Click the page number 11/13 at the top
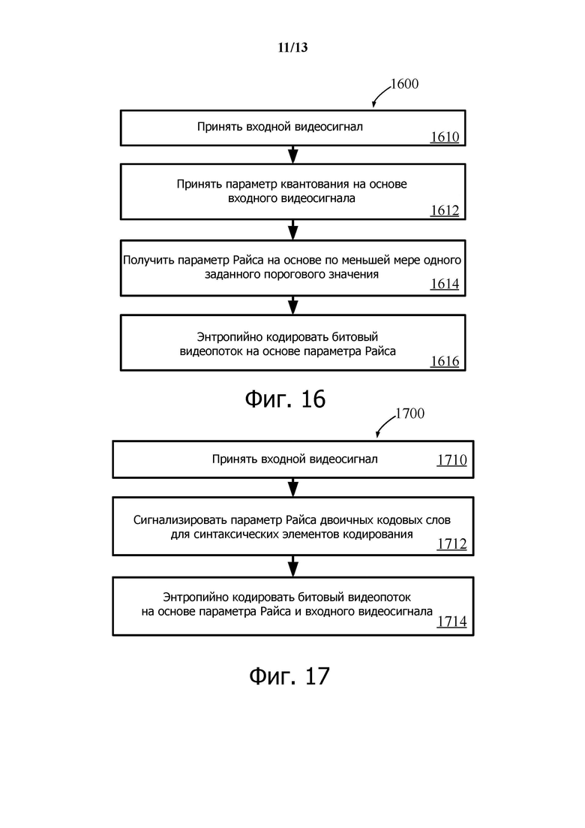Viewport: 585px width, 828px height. (x=292, y=48)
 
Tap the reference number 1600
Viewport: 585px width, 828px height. (x=403, y=84)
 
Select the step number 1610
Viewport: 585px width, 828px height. (x=444, y=137)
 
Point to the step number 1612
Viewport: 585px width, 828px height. (x=444, y=210)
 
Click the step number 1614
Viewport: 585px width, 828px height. (x=444, y=285)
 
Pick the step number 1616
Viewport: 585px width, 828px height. (x=444, y=361)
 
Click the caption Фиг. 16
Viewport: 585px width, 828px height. (x=285, y=399)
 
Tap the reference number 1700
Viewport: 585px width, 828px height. (x=409, y=414)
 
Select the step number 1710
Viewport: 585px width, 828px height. (x=451, y=460)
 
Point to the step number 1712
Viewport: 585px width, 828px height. (x=451, y=543)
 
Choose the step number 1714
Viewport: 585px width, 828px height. (x=451, y=621)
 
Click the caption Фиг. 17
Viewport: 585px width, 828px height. (x=289, y=676)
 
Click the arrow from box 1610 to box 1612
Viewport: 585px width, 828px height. (x=293, y=155)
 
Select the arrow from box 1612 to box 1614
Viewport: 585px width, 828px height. (x=293, y=230)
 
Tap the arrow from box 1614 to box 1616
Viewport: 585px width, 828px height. (x=293, y=305)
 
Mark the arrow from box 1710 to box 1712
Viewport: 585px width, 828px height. (x=293, y=487)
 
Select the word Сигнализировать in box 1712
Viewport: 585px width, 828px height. (x=175, y=519)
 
